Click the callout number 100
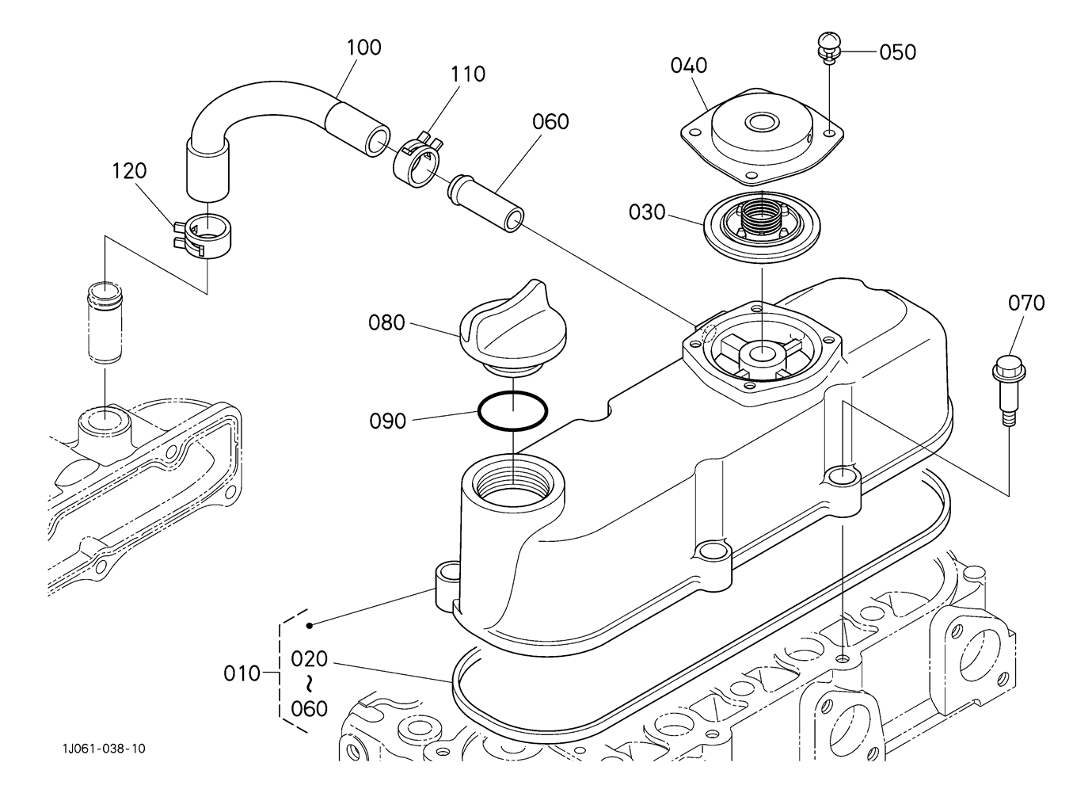[363, 48]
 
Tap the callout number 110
[467, 74]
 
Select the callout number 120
[129, 171]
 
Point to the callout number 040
[688, 65]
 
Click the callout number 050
[897, 52]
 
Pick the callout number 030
[647, 212]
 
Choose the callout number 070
[1026, 303]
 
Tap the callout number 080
[386, 323]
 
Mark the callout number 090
[387, 421]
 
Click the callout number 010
[242, 674]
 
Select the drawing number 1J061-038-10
[104, 748]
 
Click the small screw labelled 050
[829, 48]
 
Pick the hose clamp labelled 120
[202, 235]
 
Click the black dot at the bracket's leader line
[309, 626]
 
